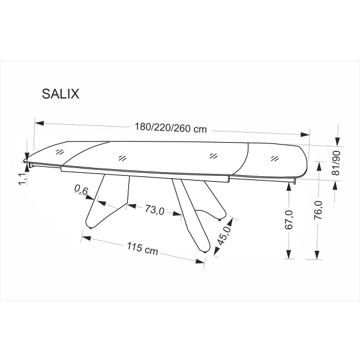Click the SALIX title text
tap(59, 94)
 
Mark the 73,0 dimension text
tap(154, 210)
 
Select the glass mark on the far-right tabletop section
tap(275, 158)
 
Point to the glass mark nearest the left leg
tap(122, 158)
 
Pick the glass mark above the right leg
tap(212, 156)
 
